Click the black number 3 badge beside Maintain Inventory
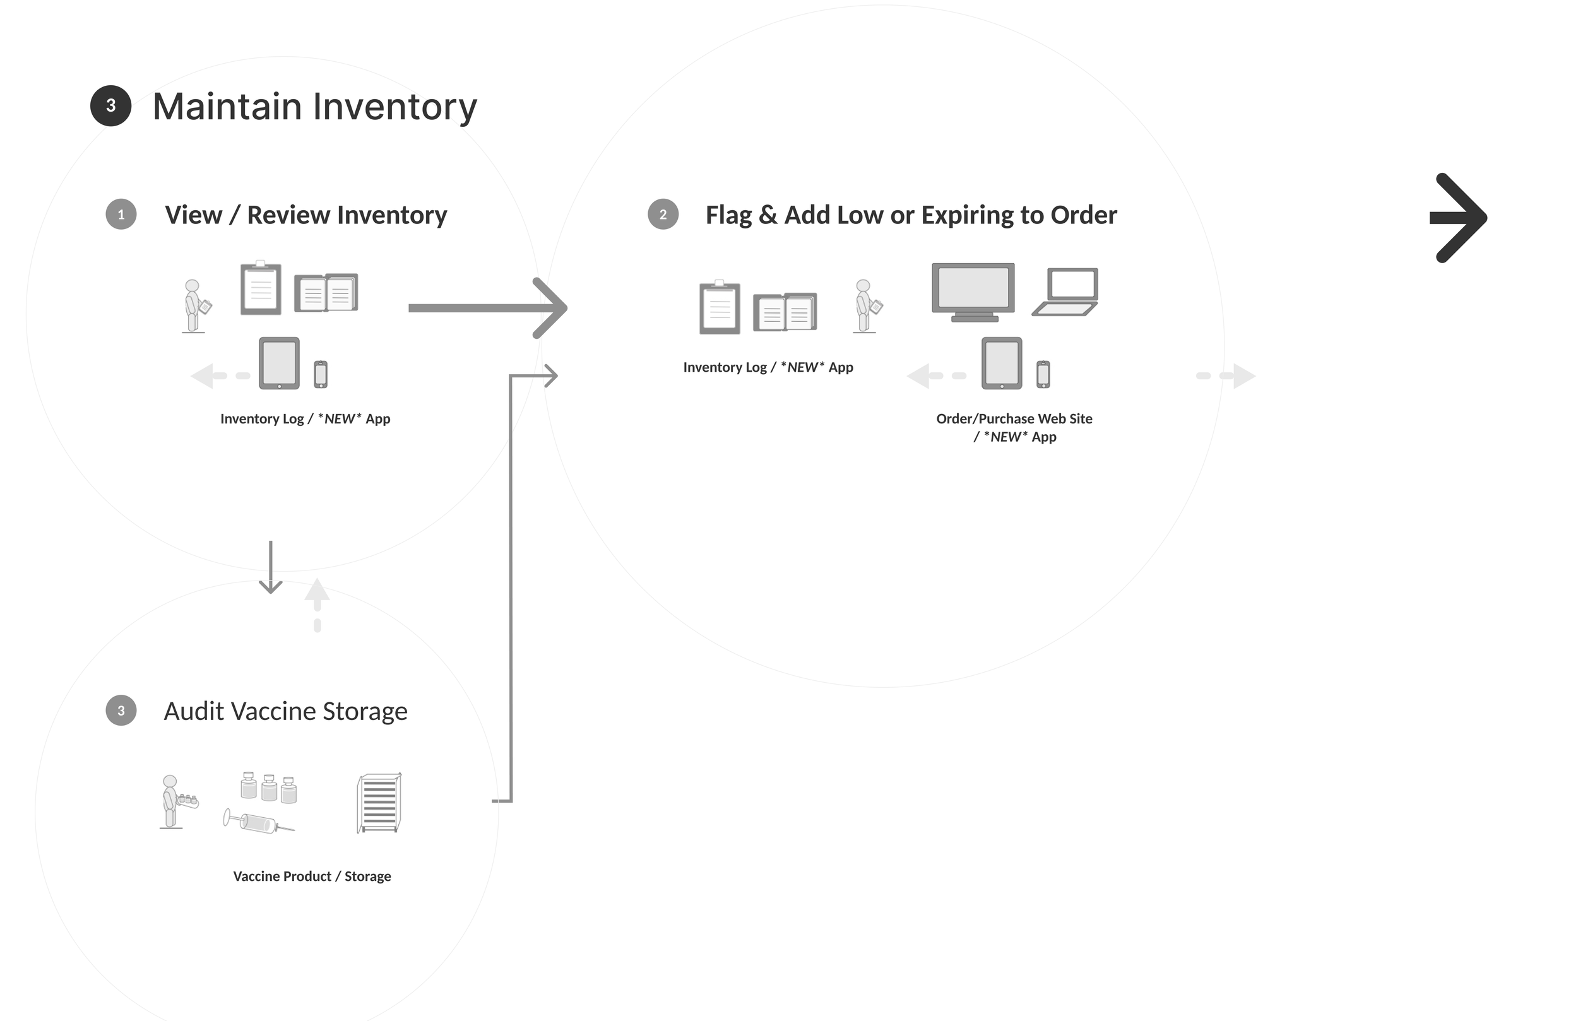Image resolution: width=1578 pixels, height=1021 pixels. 110,106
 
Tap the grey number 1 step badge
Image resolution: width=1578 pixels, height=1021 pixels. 121,214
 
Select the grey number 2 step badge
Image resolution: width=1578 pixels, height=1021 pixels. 662,214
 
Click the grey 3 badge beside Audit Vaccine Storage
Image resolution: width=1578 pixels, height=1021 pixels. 121,710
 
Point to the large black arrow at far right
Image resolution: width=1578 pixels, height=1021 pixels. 1458,218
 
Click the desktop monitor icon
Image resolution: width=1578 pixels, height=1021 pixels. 973,292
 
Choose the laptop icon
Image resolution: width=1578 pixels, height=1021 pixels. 1065,292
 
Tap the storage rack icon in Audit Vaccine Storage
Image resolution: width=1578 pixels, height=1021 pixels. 379,802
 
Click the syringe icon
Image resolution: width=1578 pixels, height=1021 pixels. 259,823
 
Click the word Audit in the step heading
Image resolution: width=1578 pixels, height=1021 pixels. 193,711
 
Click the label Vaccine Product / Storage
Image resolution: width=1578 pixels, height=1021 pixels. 312,876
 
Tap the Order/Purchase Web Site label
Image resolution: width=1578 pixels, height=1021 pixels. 1014,418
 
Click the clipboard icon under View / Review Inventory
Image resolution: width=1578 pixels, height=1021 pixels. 261,288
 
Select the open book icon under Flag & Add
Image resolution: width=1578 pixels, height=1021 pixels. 785,311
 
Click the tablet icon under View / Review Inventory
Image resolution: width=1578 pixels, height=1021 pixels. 279,363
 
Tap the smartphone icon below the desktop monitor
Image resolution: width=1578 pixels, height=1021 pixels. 1043,374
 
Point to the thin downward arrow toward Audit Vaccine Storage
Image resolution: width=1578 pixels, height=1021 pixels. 271,567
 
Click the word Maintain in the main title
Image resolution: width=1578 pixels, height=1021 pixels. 227,107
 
